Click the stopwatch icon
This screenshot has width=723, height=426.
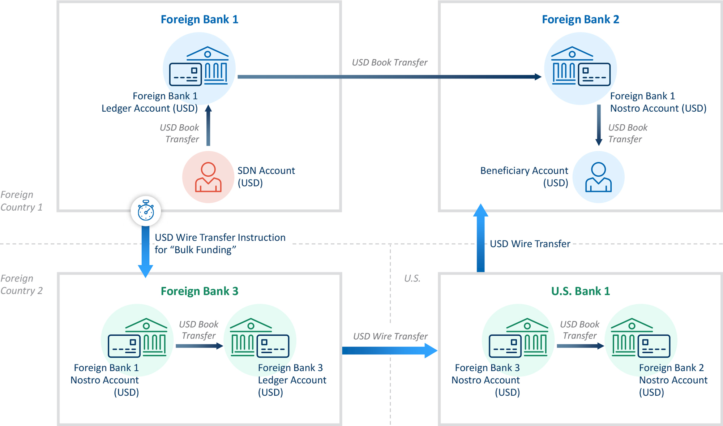(x=146, y=211)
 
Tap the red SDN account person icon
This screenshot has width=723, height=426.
(x=208, y=177)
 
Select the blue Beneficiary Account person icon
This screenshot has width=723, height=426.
(x=598, y=177)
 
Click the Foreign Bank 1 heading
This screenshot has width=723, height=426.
(x=199, y=19)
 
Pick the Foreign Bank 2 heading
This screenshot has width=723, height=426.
(x=580, y=19)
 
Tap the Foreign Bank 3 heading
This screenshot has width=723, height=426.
(x=199, y=291)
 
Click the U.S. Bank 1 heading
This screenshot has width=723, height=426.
(x=580, y=291)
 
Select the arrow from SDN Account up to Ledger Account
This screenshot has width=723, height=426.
(x=208, y=125)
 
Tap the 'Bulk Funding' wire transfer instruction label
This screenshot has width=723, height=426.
(x=220, y=244)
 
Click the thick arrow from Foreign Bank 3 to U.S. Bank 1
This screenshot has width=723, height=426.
(x=390, y=350)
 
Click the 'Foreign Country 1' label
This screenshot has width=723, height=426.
(x=21, y=201)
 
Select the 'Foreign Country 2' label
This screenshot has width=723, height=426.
(x=21, y=284)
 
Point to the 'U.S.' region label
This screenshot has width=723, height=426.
(x=412, y=278)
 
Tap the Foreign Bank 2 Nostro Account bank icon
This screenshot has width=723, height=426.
(x=640, y=338)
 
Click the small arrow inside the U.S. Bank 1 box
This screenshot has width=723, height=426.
(x=580, y=346)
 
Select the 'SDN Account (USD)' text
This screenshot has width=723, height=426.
(x=266, y=176)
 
